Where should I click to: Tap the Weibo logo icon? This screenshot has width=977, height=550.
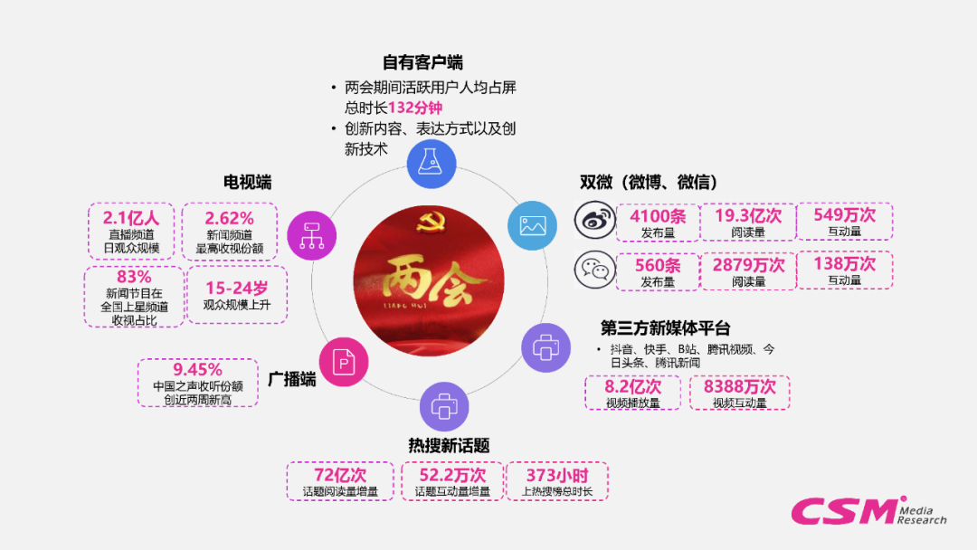click(594, 220)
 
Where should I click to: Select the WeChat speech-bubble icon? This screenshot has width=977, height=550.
click(594, 269)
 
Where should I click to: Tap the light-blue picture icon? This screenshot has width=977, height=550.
click(532, 224)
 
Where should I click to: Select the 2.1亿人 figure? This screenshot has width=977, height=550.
click(131, 217)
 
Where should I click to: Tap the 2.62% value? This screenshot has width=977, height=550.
click(229, 217)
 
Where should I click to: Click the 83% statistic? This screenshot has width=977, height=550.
click(134, 277)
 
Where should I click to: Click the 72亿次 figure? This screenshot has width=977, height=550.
click(340, 474)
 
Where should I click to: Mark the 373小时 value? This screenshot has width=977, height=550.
click(556, 474)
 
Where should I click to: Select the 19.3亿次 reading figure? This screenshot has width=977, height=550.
click(748, 215)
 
